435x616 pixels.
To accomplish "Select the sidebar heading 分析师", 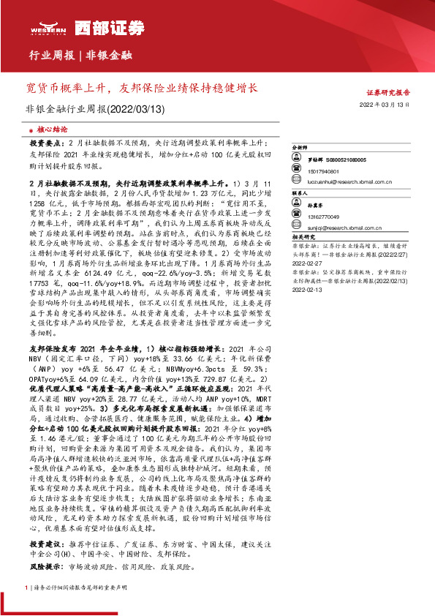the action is tap(300, 148).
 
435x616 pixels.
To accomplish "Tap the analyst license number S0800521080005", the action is tap(347, 159).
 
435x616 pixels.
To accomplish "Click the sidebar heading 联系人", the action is tap(300, 194).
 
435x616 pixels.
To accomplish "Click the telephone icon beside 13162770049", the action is tap(296, 217).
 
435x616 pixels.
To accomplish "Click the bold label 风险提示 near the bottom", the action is tap(43, 567).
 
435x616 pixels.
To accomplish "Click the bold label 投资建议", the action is tap(43, 546).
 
